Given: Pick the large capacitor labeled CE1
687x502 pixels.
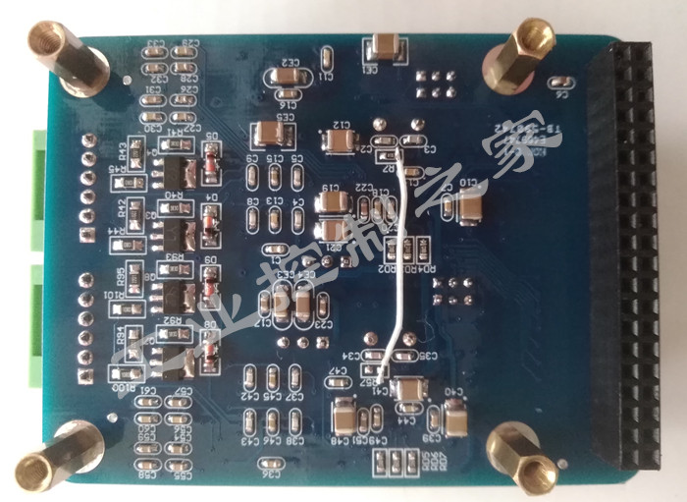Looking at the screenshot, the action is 382,46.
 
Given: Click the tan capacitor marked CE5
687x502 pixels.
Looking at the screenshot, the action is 268,133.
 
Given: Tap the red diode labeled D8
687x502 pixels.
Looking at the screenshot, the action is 209,343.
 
